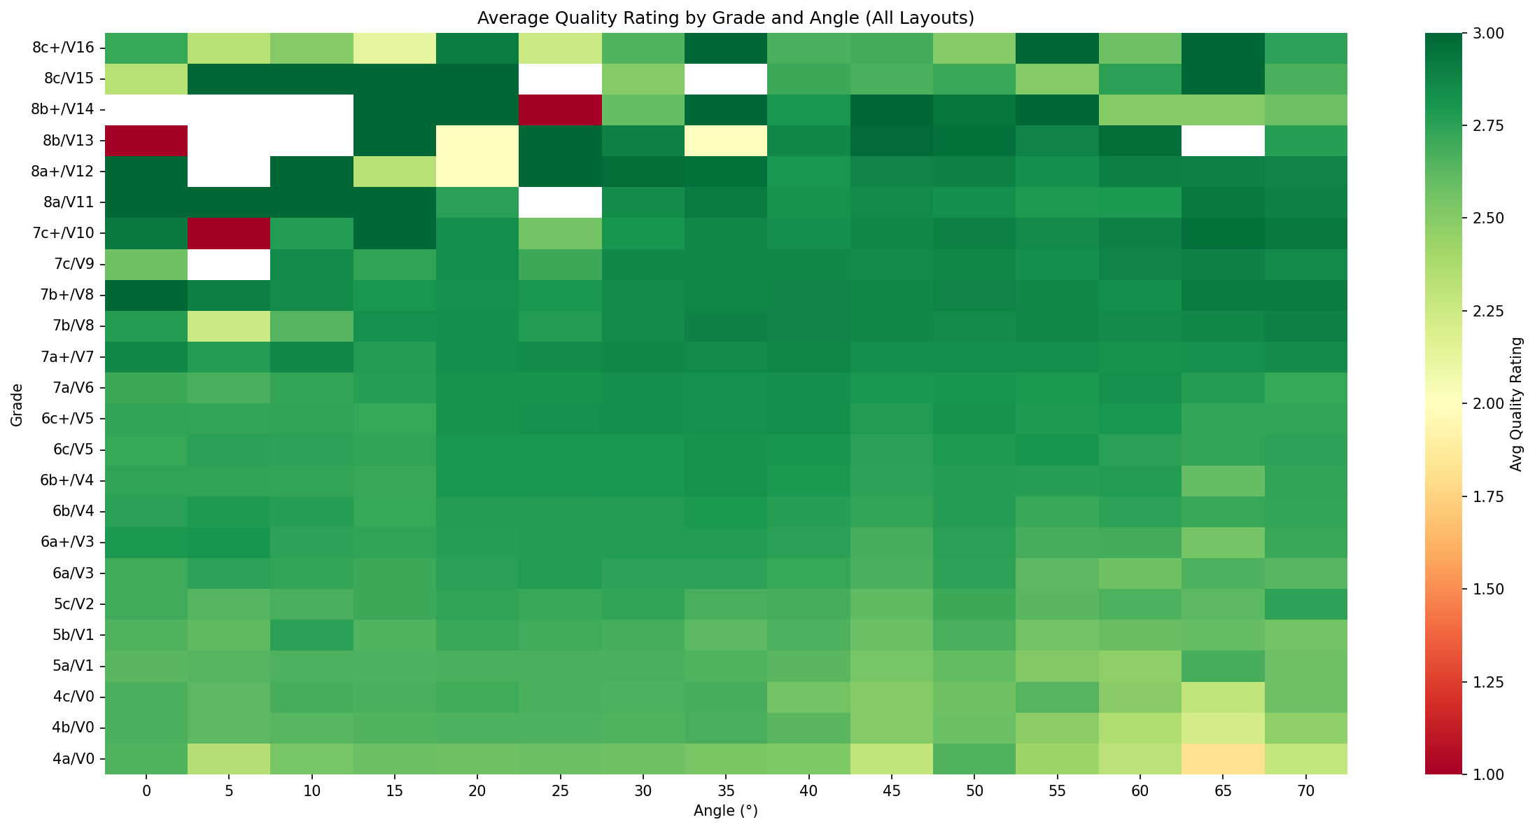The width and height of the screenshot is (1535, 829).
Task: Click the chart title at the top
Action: pos(725,18)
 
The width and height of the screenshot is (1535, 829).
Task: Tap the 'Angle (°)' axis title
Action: pos(725,811)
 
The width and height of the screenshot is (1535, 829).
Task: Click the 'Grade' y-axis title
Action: pos(17,404)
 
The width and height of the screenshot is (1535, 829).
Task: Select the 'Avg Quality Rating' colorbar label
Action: pos(1516,404)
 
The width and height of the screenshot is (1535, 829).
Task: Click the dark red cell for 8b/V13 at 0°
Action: pos(146,141)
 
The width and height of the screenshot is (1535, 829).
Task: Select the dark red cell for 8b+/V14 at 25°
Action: pos(560,110)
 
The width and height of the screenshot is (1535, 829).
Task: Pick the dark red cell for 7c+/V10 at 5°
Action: pos(229,233)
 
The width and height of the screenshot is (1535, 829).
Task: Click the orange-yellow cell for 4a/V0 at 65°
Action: pos(1223,758)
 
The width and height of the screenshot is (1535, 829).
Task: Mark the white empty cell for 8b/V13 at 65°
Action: pos(1223,141)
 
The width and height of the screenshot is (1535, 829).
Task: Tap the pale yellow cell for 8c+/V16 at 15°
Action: pos(395,48)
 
